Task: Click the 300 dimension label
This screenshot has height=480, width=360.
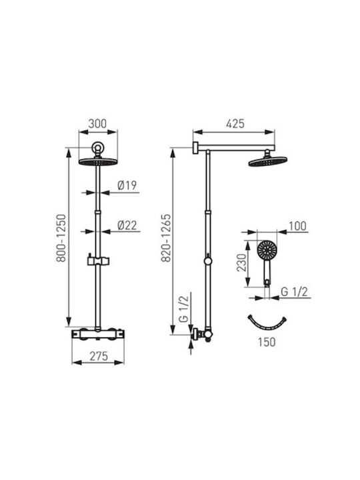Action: [97, 124]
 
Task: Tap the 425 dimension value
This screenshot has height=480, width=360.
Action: [235, 124]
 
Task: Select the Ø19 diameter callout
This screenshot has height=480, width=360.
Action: [127, 185]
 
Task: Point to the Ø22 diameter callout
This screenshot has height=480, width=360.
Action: [127, 225]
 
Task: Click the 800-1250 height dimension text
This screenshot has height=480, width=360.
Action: [61, 238]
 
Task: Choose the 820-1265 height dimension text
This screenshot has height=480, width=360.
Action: [165, 238]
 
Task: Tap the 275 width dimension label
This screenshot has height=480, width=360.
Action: [99, 356]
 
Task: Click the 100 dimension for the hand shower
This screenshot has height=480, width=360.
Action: [297, 226]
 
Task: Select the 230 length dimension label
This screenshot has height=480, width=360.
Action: [241, 263]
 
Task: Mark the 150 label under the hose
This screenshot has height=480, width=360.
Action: [267, 342]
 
